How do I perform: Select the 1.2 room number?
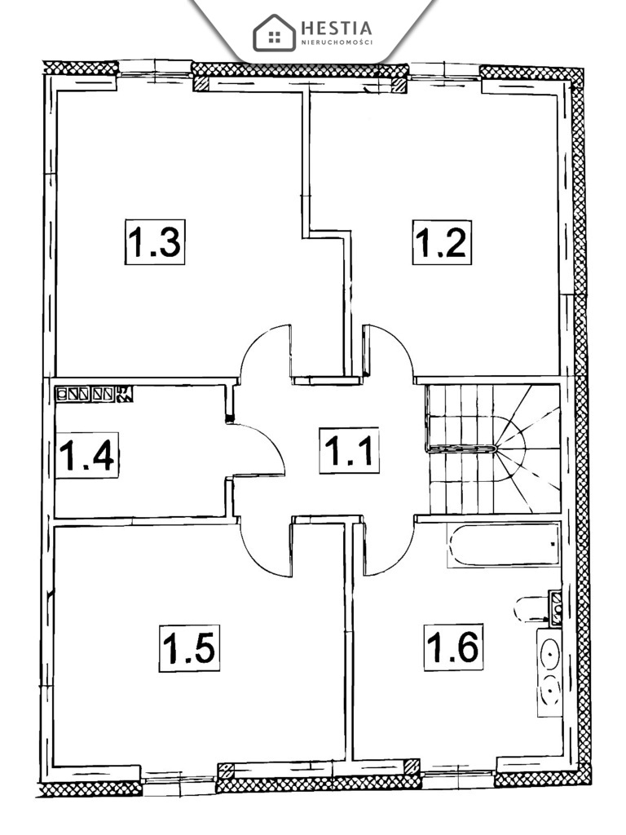[x=441, y=242]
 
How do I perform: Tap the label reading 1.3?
[x=155, y=242]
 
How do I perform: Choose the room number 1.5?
[x=189, y=648]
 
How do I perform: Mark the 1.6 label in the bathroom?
[x=454, y=647]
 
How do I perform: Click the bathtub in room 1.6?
[x=503, y=546]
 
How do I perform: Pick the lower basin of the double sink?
[x=550, y=693]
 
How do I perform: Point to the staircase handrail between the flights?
[x=462, y=448]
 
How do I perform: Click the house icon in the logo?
[x=274, y=33]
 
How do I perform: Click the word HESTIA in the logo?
[x=336, y=27]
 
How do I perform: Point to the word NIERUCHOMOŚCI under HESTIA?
[x=337, y=42]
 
